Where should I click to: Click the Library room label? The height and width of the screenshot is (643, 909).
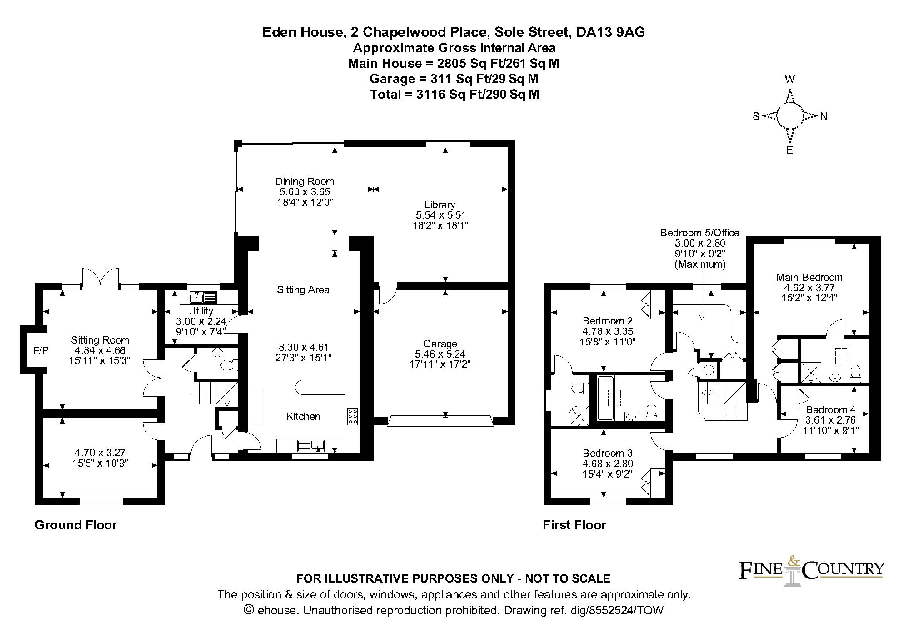click(440, 204)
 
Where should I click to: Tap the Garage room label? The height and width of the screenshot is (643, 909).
click(440, 344)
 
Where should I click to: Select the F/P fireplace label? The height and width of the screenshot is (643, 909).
click(41, 350)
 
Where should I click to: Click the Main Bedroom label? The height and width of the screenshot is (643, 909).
click(809, 277)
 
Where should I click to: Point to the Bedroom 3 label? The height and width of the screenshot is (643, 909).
click(608, 453)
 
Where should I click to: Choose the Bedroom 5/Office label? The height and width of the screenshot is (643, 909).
click(700, 233)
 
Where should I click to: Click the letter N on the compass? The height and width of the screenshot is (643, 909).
click(824, 116)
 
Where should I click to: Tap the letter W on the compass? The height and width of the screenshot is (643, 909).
click(790, 80)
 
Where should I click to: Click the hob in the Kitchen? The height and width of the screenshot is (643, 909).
click(352, 416)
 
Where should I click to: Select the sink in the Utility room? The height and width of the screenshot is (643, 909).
click(203, 298)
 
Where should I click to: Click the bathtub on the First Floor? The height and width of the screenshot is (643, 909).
click(606, 398)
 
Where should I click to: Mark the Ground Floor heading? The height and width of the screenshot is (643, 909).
click(76, 525)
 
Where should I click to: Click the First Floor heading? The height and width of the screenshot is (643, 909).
click(574, 525)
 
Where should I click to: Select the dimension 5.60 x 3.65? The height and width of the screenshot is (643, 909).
click(305, 192)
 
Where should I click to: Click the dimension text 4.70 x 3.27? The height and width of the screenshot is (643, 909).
click(100, 453)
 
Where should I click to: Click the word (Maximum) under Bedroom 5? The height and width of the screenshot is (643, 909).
click(700, 264)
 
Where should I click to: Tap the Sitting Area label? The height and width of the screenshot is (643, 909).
click(303, 289)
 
